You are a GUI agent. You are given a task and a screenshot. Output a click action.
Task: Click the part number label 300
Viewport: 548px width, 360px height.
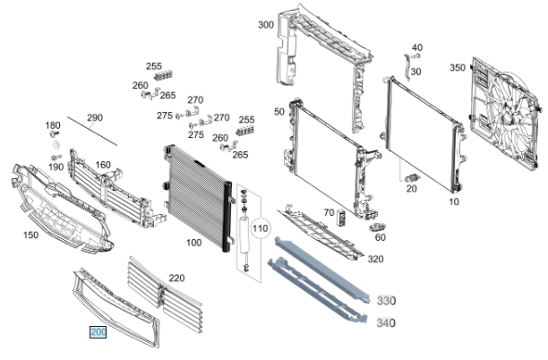point(265,25)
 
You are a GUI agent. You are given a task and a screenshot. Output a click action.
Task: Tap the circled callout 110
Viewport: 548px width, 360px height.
point(261,229)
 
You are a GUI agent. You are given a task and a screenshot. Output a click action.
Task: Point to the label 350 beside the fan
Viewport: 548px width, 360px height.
point(457,67)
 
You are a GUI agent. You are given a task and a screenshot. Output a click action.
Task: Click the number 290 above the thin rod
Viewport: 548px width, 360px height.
point(95,118)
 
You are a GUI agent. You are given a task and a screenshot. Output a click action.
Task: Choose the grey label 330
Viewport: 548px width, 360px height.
point(386,301)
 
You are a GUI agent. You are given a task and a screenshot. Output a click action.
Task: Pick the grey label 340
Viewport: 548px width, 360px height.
point(386,322)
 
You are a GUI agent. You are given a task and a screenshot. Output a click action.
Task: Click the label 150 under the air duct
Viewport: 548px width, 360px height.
point(30,236)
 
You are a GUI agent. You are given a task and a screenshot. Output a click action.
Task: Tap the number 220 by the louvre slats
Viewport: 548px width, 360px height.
point(176,279)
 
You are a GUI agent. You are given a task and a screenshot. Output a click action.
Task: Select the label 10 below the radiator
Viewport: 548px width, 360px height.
point(453,201)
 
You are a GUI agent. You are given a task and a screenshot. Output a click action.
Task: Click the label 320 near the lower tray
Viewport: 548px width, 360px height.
point(375,259)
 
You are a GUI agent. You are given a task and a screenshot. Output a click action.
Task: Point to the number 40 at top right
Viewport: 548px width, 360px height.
point(416,47)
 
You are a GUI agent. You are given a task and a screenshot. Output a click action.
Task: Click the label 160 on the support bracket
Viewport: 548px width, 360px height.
point(103,165)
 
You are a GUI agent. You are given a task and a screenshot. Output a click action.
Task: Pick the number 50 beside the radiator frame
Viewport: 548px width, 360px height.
point(279,111)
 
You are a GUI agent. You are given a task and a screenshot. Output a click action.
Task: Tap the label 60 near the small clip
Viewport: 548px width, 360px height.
point(381,237)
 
